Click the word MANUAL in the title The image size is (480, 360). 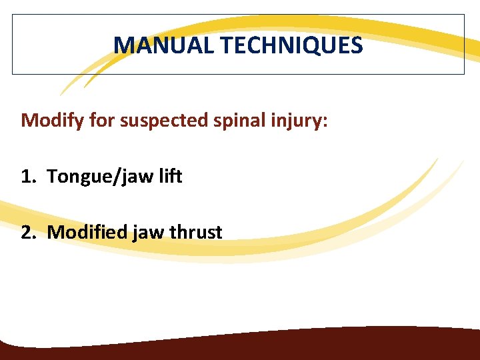click(x=164, y=45)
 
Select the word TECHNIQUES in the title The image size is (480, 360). click(x=291, y=45)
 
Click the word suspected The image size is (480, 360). click(x=153, y=121)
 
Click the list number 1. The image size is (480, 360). click(x=25, y=177)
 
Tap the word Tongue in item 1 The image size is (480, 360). click(x=74, y=177)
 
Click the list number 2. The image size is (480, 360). click(x=26, y=232)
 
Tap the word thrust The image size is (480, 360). click(x=196, y=232)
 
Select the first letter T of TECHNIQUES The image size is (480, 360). click(x=226, y=45)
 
